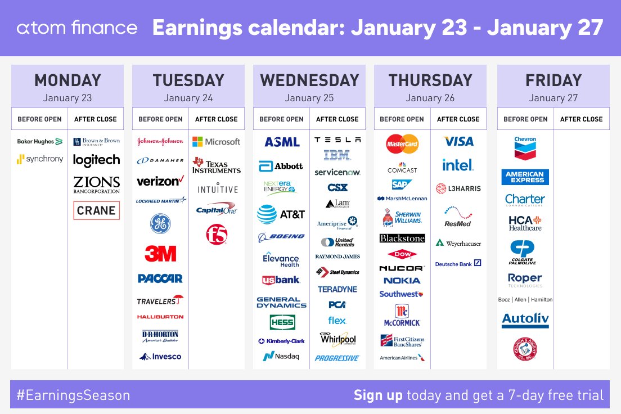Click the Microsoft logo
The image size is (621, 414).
coord(216,142)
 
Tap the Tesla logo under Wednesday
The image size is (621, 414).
coord(337,139)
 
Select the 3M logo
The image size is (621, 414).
coord(160,253)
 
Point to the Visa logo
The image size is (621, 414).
coord(458,141)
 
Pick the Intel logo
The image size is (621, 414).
coord(458,165)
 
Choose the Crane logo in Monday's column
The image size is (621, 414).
coord(96,210)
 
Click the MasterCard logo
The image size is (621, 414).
coord(402,144)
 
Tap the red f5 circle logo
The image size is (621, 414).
coord(217,234)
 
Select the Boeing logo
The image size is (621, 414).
coord(281,237)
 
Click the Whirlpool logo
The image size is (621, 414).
coord(337,339)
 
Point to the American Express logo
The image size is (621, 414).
coord(525,177)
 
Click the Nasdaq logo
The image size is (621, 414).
coord(281,356)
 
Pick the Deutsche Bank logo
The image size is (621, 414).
coord(458,263)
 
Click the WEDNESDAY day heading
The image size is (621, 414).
coord(309,80)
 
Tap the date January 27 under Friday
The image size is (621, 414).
coord(553,98)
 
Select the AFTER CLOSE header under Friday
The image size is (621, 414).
coord(581,119)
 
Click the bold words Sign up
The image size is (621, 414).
coord(378,395)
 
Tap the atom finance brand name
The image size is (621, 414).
coord(77,28)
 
